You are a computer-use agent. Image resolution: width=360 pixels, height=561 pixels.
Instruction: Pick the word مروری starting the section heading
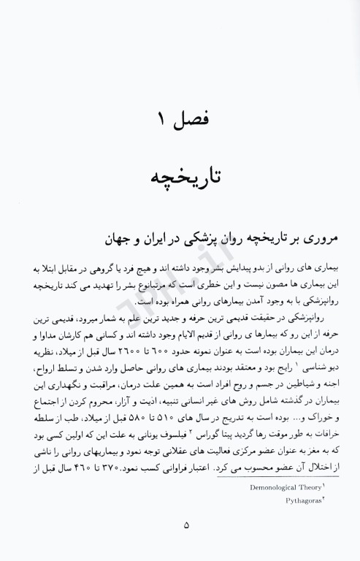click(x=315, y=239)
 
